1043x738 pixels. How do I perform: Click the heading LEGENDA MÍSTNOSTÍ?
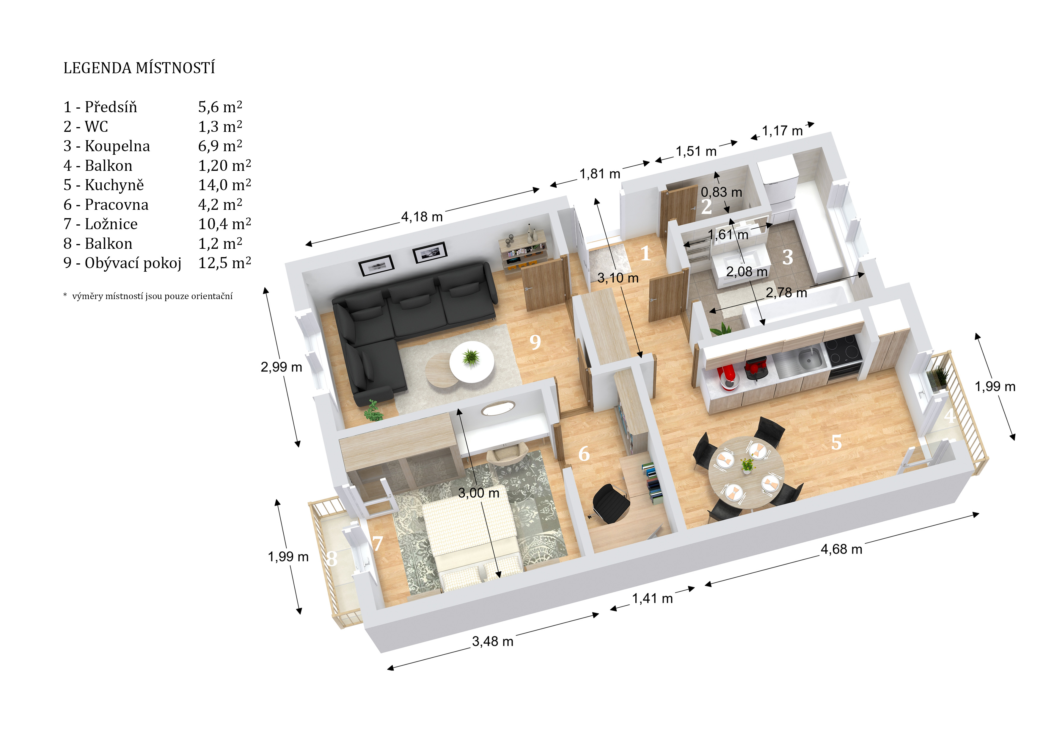tap(139, 68)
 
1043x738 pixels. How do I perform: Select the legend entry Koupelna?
tap(117, 146)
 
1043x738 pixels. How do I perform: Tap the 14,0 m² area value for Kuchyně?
tap(224, 185)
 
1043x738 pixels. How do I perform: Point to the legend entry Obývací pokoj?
tap(133, 263)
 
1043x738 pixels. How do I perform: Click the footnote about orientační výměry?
tap(148, 296)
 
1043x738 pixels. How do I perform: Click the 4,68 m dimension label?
tap(841, 549)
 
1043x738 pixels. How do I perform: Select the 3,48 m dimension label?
tap(493, 641)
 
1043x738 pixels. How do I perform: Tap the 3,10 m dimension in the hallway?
tap(618, 278)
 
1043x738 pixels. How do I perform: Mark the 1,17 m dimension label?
tap(782, 131)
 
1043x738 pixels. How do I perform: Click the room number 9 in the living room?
tap(535, 342)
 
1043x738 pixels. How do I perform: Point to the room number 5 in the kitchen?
tap(836, 442)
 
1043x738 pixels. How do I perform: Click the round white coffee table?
tap(472, 362)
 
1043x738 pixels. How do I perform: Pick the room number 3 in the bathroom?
tap(788, 257)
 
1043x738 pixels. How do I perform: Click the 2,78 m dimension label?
tap(786, 293)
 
